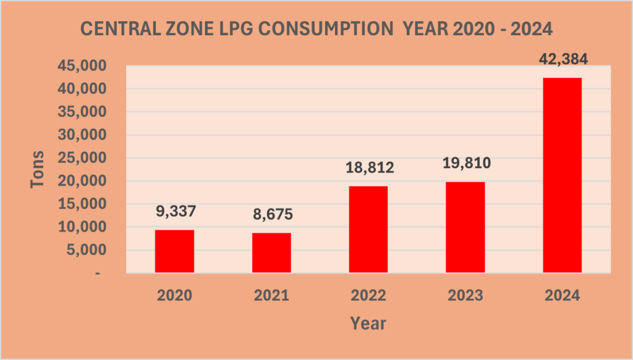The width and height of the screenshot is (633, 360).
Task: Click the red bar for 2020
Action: pyautogui.click(x=174, y=251)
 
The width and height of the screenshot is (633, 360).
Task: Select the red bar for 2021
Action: pyautogui.click(x=271, y=252)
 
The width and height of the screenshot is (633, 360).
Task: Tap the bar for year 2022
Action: pyautogui.click(x=368, y=229)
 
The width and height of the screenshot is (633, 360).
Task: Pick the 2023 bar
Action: pyautogui.click(x=465, y=227)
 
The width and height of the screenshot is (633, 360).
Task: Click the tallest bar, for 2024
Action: pyautogui.click(x=562, y=175)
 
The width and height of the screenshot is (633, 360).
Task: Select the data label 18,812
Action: pyautogui.click(x=368, y=168)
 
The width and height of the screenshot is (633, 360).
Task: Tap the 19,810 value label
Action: pyautogui.click(x=465, y=164)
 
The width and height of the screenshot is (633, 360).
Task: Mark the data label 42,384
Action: pyautogui.click(x=562, y=59)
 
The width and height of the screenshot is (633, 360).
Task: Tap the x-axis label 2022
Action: pyautogui.click(x=368, y=295)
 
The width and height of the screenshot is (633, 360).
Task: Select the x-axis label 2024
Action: pyautogui.click(x=562, y=295)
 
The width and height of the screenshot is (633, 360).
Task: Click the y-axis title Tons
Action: pyautogui.click(x=38, y=169)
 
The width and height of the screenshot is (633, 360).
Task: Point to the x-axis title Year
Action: pyautogui.click(x=368, y=323)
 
